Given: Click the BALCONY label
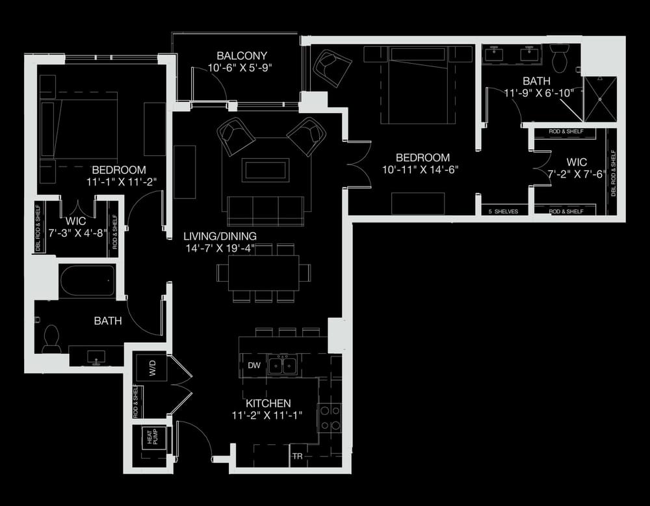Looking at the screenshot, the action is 242,55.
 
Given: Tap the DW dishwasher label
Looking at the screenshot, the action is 254,366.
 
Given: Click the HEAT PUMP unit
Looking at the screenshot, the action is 153,437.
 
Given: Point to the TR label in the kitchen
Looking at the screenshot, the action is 297,457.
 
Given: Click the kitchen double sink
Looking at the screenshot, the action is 282,366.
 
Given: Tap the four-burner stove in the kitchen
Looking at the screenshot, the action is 330,418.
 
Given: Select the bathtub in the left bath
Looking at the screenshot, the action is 88,281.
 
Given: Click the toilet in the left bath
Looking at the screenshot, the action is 51,338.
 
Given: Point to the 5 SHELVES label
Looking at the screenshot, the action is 503,211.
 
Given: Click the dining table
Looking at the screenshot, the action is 263,273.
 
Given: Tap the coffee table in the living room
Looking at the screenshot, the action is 266,170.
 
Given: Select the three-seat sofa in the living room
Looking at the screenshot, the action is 265,211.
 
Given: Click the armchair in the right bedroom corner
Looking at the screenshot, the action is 332,68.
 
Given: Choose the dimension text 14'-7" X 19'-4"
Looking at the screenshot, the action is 220,248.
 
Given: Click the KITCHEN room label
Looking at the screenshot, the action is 268,403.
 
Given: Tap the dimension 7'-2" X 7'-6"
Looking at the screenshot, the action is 577,174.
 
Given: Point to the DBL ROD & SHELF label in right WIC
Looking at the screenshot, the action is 614,174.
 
